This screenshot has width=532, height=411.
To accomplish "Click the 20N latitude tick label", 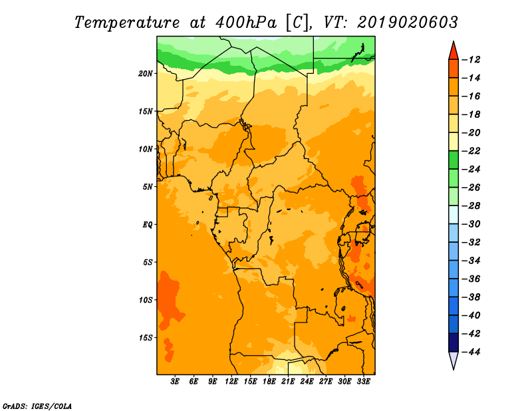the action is (145, 74).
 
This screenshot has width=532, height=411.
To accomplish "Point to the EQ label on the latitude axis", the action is (147, 225).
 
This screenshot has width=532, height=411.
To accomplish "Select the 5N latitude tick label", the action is (148, 187).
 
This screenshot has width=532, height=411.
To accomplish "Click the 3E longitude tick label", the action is (175, 382).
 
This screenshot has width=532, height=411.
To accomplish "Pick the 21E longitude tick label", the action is (288, 382).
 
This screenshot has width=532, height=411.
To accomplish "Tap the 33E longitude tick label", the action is (363, 382).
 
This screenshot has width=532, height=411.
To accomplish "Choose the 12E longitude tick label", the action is (231, 382).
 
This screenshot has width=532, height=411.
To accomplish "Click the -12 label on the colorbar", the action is (471, 60).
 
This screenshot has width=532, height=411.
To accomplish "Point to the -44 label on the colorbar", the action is (471, 352).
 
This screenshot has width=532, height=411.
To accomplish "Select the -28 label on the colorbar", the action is (471, 206).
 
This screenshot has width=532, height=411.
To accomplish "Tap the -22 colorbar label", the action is (471, 151).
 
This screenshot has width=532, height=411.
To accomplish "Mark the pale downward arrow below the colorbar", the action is (454, 359).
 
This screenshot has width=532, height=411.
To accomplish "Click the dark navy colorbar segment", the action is (454, 342).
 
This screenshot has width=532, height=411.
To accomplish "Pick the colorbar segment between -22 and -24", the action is (454, 160).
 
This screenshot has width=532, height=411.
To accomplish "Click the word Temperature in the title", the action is (127, 23).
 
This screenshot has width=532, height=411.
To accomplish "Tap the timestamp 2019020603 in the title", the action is (407, 23).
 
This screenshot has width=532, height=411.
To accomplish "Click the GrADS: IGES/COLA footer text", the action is (37, 406).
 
